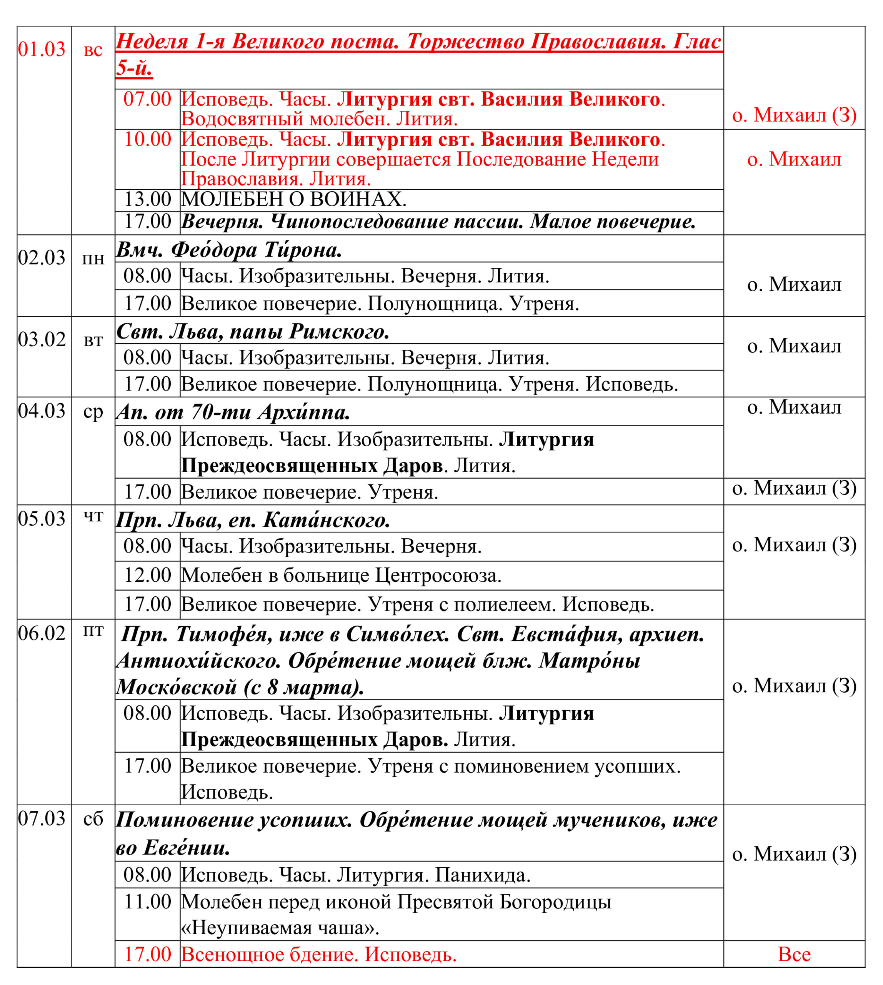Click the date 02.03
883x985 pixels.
(x=42, y=258)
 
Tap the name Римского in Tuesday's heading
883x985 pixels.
(x=339, y=332)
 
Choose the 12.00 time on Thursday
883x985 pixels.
(x=147, y=575)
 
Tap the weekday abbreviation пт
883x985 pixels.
(x=93, y=631)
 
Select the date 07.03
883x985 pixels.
(x=42, y=818)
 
